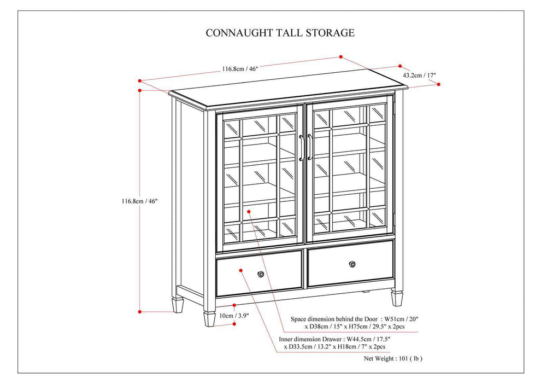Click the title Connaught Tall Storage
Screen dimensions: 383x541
pyautogui.click(x=280, y=33)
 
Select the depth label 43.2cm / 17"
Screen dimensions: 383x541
pyautogui.click(x=420, y=75)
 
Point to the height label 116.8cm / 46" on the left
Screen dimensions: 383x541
pyautogui.click(x=139, y=201)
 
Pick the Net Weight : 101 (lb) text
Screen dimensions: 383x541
pyautogui.click(x=393, y=359)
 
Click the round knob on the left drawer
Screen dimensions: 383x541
pyautogui.click(x=261, y=273)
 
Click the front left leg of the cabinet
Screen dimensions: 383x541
pyautogui.click(x=209, y=318)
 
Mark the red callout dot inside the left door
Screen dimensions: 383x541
pyautogui.click(x=249, y=211)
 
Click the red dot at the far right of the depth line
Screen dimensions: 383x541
pyautogui.click(x=438, y=84)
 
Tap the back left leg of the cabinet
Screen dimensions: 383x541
pyautogui.click(x=178, y=304)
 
